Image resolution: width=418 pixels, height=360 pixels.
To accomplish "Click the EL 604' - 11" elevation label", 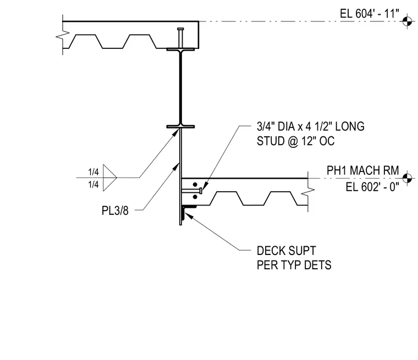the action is coord(370,14).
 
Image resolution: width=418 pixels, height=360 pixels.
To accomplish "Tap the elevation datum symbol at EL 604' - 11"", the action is coord(407,21).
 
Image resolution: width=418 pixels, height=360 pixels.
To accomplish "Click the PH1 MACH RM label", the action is coord(363,170).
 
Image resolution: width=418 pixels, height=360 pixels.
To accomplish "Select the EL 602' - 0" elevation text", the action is coord(372,187).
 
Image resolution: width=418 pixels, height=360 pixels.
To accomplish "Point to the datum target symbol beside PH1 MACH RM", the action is coord(407,178).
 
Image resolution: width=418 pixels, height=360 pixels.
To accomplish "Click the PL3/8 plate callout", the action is coord(115,211).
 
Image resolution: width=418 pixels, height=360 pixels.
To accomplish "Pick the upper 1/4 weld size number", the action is coord(94,172).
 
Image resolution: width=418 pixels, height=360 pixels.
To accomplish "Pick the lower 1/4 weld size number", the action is coord(94,184).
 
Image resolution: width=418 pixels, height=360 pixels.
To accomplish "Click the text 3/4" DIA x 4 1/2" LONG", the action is coord(311,126).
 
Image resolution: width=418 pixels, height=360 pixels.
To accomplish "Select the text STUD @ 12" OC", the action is coord(296,141).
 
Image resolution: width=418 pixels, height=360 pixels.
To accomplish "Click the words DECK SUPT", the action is coord(287,251).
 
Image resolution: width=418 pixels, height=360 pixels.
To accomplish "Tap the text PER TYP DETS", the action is coord(294,265).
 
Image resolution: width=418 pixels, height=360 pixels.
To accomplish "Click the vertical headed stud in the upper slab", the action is coord(180,38).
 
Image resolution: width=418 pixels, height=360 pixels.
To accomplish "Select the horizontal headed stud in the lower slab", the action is coord(191,191).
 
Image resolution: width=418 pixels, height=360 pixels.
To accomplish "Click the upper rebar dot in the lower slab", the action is coord(195,184).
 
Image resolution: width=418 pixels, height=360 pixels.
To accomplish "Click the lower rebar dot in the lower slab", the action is coord(195,197).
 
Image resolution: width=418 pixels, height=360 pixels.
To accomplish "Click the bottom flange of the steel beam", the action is coord(180,126).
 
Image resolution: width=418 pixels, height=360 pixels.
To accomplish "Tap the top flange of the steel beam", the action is coord(180,49).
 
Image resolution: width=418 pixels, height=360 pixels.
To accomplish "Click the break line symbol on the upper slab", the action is coord(63,35).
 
